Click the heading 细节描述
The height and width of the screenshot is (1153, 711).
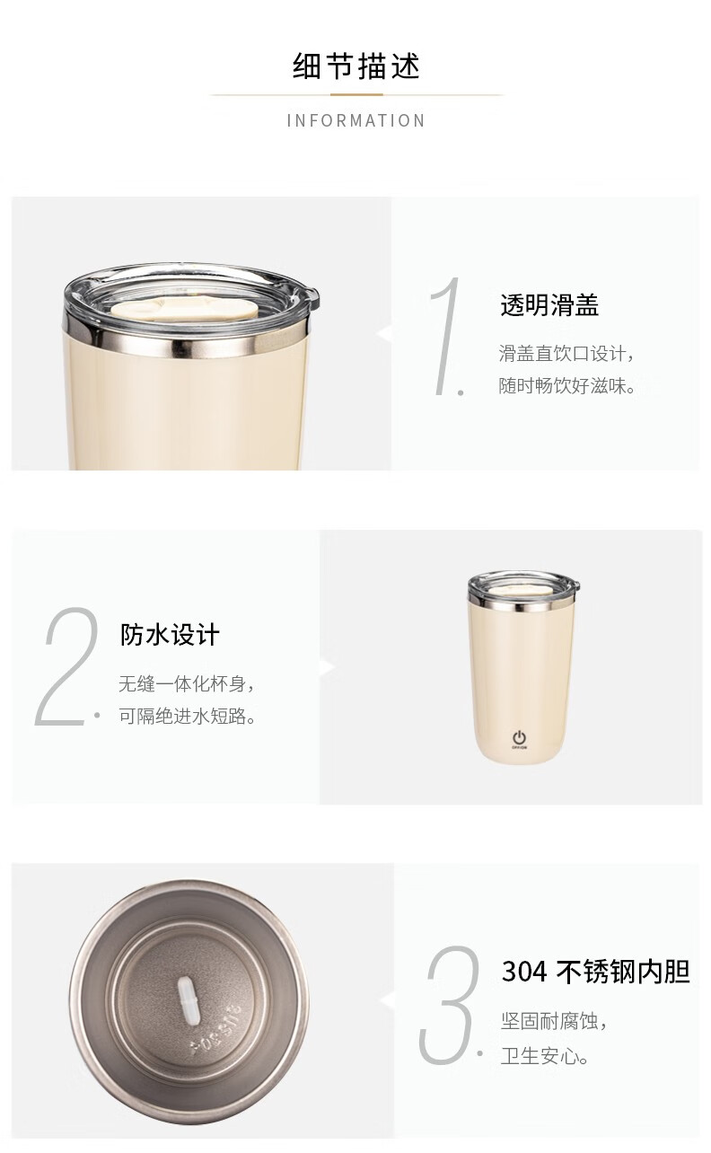[x=356, y=66]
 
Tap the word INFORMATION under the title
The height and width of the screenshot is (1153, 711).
[x=356, y=121]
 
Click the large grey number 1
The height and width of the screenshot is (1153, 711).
[x=446, y=336]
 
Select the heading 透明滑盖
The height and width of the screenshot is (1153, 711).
[x=549, y=305]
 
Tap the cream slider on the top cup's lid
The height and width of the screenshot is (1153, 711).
[x=184, y=310]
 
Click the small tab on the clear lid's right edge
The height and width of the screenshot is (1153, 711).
[x=312, y=295]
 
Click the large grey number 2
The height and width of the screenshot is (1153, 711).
[x=67, y=666]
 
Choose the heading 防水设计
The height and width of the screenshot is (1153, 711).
[x=170, y=635]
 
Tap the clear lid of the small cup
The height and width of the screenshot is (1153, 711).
[x=523, y=586]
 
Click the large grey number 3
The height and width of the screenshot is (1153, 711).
[x=448, y=1004]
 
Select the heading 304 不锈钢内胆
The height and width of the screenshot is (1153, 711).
[x=596, y=973]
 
